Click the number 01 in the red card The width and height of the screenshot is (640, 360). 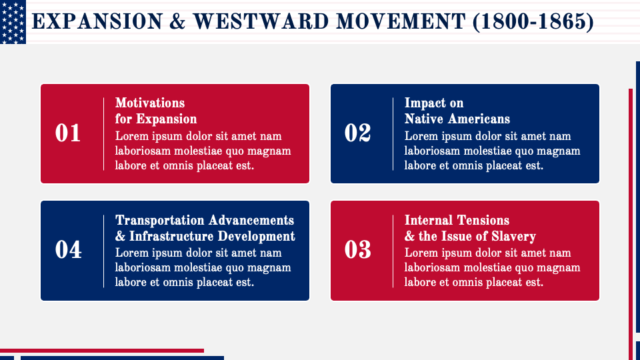(68, 133)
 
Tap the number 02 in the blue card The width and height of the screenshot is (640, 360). (357, 133)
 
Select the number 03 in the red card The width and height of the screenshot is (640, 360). (357, 250)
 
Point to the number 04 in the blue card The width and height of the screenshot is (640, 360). (68, 250)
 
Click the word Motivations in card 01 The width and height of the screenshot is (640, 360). (150, 103)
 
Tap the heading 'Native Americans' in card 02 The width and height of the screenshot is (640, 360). (457, 119)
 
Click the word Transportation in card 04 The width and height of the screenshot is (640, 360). (161, 220)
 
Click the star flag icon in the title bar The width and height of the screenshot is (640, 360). (13, 22)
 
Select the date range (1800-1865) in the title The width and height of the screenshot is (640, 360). (533, 22)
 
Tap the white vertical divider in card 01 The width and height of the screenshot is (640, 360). (104, 133)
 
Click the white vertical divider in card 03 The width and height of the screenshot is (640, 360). (393, 250)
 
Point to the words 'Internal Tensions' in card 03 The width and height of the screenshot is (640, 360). (457, 220)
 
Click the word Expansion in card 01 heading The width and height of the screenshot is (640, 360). (167, 119)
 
